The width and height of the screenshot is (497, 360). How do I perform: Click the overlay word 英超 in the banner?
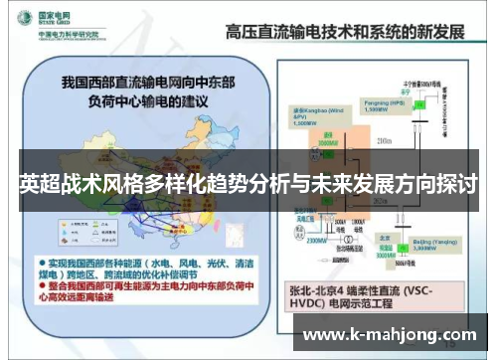[39, 185]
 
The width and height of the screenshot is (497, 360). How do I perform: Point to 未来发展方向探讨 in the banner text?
[398, 185]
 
